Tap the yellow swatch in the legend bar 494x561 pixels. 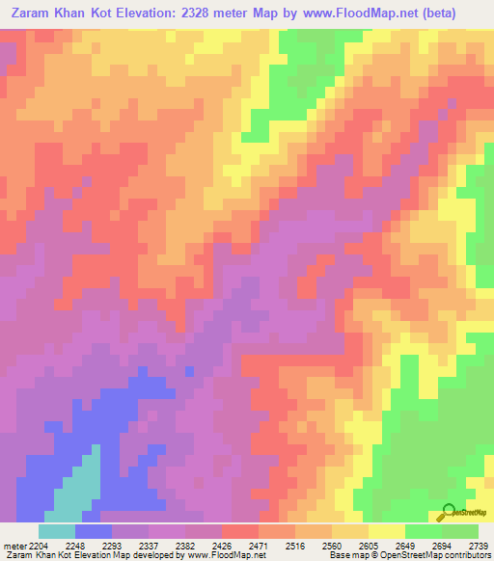387,531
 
